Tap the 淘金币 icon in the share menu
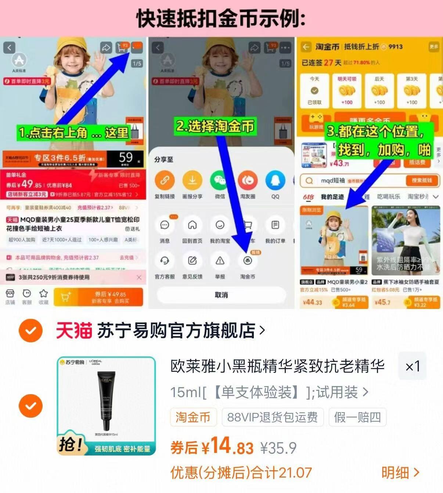click(x=248, y=261)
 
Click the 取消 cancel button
click(x=221, y=295)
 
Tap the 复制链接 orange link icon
click(x=165, y=180)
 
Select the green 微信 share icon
click(x=220, y=180)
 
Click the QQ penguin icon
click(x=275, y=180)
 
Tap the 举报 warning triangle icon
click(x=220, y=261)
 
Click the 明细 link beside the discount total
click(x=400, y=473)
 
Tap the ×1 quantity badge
click(x=412, y=366)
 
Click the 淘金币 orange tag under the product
click(x=193, y=417)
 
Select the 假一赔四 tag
click(x=357, y=417)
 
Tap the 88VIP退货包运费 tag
click(x=272, y=417)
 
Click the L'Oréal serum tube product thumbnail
click(x=107, y=406)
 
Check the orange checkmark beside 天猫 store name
click(x=30, y=330)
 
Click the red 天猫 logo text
click(x=73, y=330)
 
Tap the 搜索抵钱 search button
click(x=422, y=180)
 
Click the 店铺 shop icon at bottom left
click(x=10, y=296)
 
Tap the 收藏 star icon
click(x=43, y=296)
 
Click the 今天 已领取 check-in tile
click(x=314, y=91)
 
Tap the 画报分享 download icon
click(x=192, y=180)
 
